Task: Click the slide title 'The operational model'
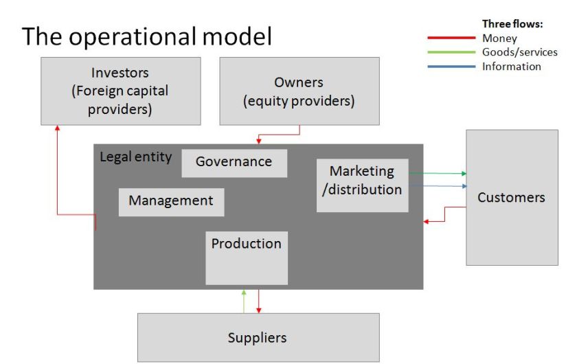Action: [x=146, y=36]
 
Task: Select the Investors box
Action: [x=121, y=91]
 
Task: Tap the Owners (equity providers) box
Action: [x=299, y=91]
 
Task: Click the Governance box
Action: [x=234, y=162]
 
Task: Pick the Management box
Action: [x=171, y=201]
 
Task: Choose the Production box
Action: [x=246, y=258]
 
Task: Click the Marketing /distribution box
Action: [x=362, y=185]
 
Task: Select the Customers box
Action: [x=511, y=198]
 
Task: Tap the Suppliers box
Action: [x=258, y=337]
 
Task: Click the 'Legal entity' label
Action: [x=136, y=157]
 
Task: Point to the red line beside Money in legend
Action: [x=451, y=39]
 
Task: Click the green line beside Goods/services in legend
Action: [x=451, y=52]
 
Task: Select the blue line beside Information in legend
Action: [x=451, y=67]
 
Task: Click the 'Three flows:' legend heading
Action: [x=512, y=24]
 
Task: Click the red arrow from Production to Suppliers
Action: [x=258, y=301]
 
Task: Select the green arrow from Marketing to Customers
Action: [x=438, y=174]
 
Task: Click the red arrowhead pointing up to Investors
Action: [x=57, y=130]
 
